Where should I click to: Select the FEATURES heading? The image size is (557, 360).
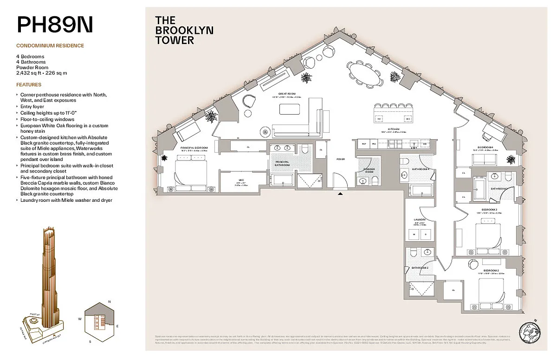coord(29,85)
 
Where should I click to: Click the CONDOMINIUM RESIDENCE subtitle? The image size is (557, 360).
coord(50,45)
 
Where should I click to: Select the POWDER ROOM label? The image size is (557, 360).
coord(369,171)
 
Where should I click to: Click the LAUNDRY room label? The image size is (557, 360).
coord(420,219)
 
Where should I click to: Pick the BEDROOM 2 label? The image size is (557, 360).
coord(491,270)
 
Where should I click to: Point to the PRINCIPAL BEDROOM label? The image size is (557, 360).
coord(194,147)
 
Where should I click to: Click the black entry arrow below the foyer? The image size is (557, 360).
coord(341,194)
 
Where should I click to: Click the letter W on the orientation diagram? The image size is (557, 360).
coord(80,319)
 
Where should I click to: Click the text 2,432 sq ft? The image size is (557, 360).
coord(29,73)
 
